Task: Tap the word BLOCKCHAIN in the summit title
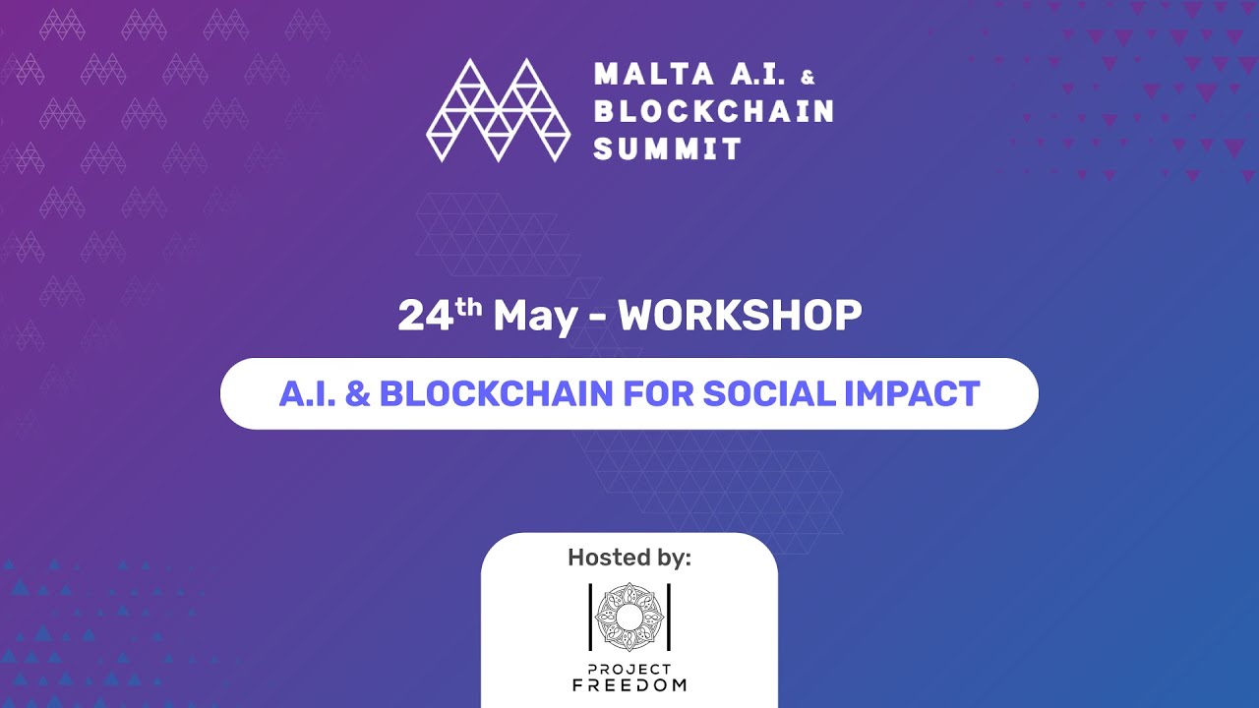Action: pyautogui.click(x=714, y=112)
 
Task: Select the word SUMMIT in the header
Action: pyautogui.click(x=668, y=148)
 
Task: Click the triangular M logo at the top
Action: pyautogui.click(x=498, y=110)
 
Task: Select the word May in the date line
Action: pyautogui.click(x=535, y=317)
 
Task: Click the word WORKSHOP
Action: pyautogui.click(x=740, y=316)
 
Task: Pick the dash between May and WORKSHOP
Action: pyautogui.click(x=597, y=318)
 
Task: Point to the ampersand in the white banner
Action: pyautogui.click(x=360, y=393)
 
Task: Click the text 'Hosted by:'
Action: pyautogui.click(x=629, y=558)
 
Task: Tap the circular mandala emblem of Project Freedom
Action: pyautogui.click(x=629, y=617)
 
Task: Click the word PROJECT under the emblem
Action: pyautogui.click(x=629, y=669)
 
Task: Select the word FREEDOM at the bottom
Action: pyautogui.click(x=629, y=684)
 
